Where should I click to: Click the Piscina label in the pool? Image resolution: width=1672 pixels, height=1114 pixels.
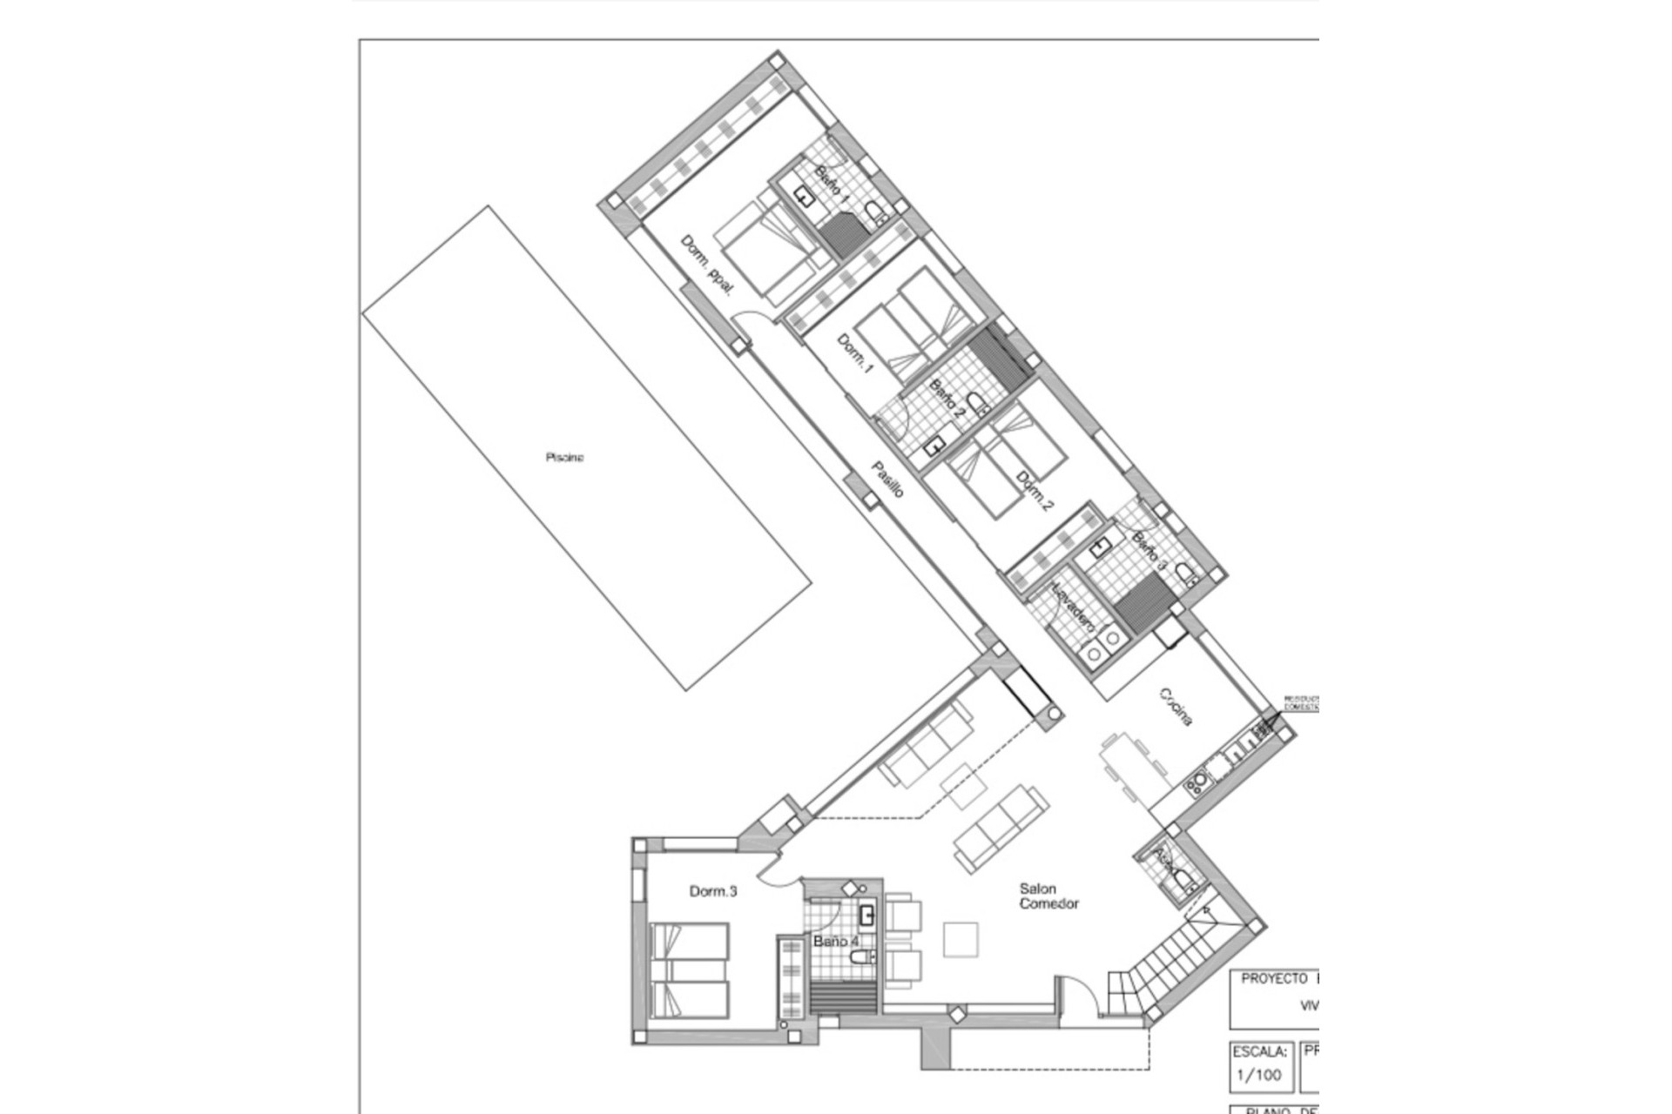pos(564,457)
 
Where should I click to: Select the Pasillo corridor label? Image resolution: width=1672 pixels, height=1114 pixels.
pos(888,480)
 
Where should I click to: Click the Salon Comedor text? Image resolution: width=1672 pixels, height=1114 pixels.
pos(1048,896)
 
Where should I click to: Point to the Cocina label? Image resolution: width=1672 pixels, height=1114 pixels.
pos(1175,707)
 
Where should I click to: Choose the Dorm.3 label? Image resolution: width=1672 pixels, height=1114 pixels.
pos(713,891)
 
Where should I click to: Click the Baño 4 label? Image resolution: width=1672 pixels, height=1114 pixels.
pos(836,942)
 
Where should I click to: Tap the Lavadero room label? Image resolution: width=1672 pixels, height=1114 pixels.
pos(1073,607)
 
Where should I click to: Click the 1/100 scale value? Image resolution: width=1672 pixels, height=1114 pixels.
pos(1258,1075)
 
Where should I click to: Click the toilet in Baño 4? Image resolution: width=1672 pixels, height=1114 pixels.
pos(862,957)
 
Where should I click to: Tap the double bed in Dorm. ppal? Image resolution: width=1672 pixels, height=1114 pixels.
pos(766,252)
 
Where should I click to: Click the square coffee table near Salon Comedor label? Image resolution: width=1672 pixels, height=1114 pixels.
pos(961,939)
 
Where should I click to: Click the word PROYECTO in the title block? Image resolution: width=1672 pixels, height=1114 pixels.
pos(1273,979)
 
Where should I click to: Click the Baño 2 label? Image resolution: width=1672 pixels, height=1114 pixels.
pos(947,397)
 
